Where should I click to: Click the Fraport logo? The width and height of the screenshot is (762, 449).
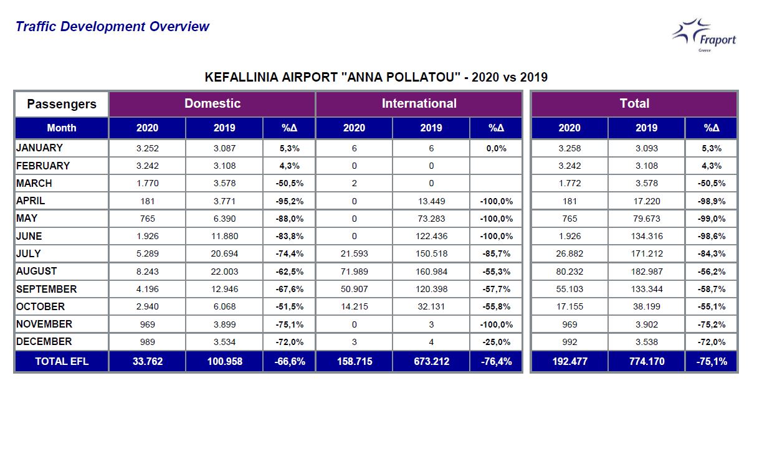pyautogui.click(x=704, y=35)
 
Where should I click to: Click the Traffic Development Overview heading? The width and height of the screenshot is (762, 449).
pyautogui.click(x=113, y=27)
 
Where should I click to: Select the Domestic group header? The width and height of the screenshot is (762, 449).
pyautogui.click(x=212, y=104)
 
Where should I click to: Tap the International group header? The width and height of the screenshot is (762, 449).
pyautogui.click(x=419, y=104)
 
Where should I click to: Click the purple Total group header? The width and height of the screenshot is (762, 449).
pyautogui.click(x=634, y=104)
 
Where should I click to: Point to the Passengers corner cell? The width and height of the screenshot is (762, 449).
pyautogui.click(x=62, y=104)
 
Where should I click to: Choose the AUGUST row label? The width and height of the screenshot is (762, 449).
pyautogui.click(x=37, y=272)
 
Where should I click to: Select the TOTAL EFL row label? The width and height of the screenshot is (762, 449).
pyautogui.click(x=62, y=362)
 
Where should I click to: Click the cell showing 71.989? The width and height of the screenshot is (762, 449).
pyautogui.click(x=354, y=272)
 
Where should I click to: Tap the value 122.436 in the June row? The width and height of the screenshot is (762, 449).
pyautogui.click(x=431, y=237)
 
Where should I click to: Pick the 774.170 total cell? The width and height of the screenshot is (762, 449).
pyautogui.click(x=646, y=362)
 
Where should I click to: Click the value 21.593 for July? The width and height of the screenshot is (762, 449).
pyautogui.click(x=354, y=254)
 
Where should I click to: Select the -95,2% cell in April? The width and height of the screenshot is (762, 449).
pyautogui.click(x=289, y=201)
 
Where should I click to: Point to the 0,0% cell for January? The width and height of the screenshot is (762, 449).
pyautogui.click(x=496, y=149)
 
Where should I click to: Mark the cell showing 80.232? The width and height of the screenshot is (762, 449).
pyautogui.click(x=569, y=272)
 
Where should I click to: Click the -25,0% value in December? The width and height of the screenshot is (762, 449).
pyautogui.click(x=496, y=342)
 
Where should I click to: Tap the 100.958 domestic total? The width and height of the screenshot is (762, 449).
pyautogui.click(x=224, y=362)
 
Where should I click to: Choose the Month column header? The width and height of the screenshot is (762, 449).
pyautogui.click(x=62, y=128)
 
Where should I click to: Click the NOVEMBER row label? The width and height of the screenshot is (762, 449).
pyautogui.click(x=44, y=324)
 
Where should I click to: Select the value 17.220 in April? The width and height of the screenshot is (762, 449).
pyautogui.click(x=646, y=201)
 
